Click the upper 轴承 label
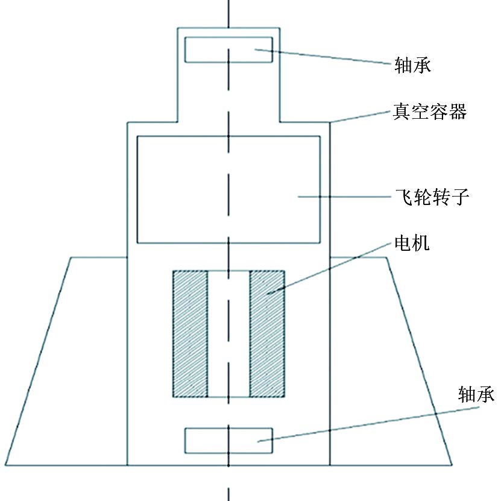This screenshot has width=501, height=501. (x=412, y=65)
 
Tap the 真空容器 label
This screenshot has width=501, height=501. (x=429, y=112)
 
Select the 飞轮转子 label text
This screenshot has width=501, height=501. (x=432, y=197)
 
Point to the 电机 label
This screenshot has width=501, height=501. (x=412, y=243)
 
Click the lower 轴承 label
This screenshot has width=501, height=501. (x=476, y=394)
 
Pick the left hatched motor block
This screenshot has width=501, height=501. (x=191, y=334)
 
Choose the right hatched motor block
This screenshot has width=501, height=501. (x=267, y=334)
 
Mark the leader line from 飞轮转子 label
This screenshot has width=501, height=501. (x=344, y=197)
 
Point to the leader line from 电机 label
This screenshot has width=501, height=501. (x=329, y=268)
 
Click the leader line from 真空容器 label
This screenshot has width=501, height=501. (x=361, y=116)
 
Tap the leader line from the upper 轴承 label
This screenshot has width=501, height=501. (x=323, y=57)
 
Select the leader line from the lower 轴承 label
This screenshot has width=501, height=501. (x=368, y=424)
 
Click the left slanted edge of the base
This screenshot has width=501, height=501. (x=39, y=361)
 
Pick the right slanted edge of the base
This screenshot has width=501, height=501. (x=420, y=361)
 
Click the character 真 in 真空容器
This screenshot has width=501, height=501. (x=402, y=112)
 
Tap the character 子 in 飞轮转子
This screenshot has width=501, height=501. (x=461, y=197)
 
